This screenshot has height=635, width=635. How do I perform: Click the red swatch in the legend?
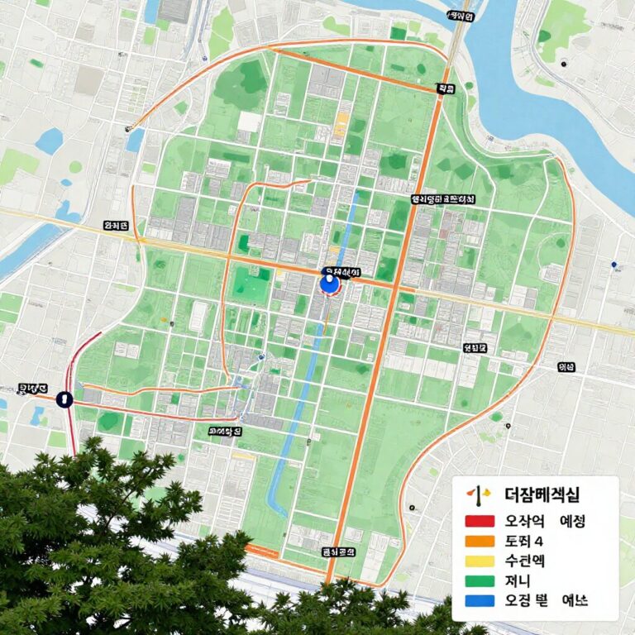pyautogui.click(x=479, y=522)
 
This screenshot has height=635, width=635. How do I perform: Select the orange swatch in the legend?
pyautogui.click(x=479, y=542)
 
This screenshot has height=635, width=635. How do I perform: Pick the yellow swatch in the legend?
pyautogui.click(x=479, y=561)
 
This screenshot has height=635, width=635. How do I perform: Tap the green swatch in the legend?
pyautogui.click(x=479, y=580)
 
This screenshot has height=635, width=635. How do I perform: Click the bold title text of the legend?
pyautogui.click(x=542, y=495)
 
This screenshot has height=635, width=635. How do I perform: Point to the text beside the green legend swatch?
pyautogui.click(x=516, y=580)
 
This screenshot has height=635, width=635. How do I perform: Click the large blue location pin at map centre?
pyautogui.click(x=329, y=284)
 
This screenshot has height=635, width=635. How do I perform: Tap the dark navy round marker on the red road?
pyautogui.click(x=64, y=399)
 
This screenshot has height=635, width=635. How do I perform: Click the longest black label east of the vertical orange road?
pyautogui.click(x=443, y=199)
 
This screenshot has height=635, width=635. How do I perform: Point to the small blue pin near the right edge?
pyautogui.click(x=614, y=265)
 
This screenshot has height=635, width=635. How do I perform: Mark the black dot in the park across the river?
pyautogui.click(x=563, y=64)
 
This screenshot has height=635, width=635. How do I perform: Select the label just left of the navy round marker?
pyautogui.click(x=33, y=388)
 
